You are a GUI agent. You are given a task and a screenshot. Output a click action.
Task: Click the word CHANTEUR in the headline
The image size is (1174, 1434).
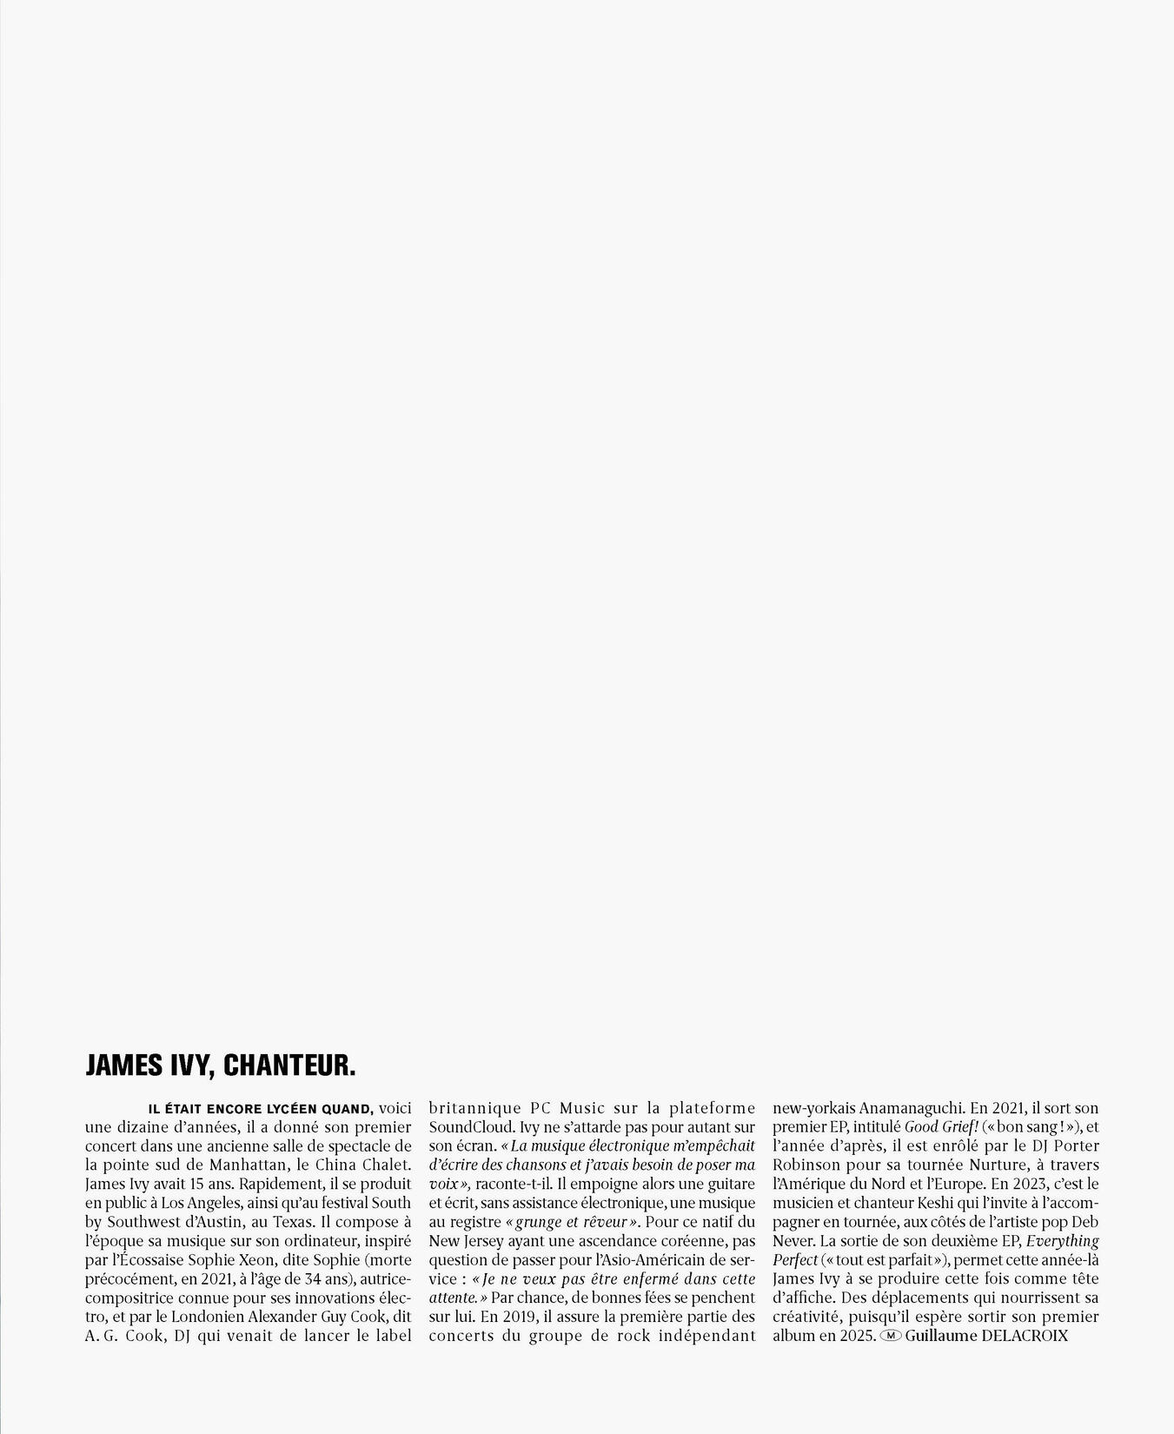coord(289,1066)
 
